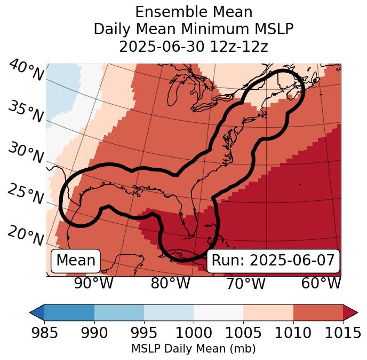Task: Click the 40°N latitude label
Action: click(26, 71)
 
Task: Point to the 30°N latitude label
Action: click(26, 153)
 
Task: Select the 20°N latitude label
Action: click(26, 235)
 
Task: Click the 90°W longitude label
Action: click(94, 284)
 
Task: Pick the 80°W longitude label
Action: click(170, 284)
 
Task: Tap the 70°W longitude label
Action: click(245, 284)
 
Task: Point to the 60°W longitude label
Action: click(321, 284)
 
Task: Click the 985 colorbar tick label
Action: click(44, 333)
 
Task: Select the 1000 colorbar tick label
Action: click(194, 333)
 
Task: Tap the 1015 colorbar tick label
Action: click(342, 333)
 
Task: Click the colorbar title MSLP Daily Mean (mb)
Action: click(193, 349)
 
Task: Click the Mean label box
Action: click(76, 261)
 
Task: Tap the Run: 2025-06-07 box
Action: click(273, 261)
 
